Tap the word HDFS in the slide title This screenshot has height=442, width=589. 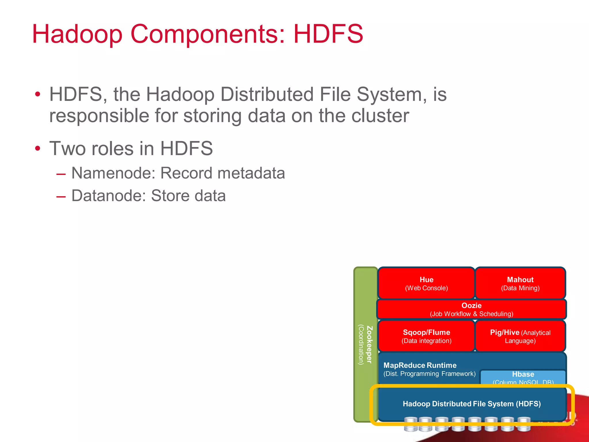pyautogui.click(x=328, y=34)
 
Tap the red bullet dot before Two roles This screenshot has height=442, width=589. pyautogui.click(x=37, y=149)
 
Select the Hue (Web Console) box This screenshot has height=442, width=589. pyautogui.click(x=426, y=283)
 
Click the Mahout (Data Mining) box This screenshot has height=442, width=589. pyautogui.click(x=520, y=283)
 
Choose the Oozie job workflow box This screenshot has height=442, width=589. pyautogui.click(x=471, y=309)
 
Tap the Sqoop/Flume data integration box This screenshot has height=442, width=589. pyautogui.click(x=426, y=336)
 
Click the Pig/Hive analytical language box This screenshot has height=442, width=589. pyautogui.click(x=520, y=336)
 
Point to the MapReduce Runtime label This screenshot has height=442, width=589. pyautogui.click(x=420, y=365)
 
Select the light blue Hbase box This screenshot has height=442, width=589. pyautogui.click(x=523, y=377)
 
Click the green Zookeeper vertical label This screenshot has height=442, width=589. pyautogui.click(x=365, y=344)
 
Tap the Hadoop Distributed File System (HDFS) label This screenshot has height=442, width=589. pyautogui.click(x=471, y=404)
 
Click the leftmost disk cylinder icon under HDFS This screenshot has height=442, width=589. pyautogui.click(x=410, y=424)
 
